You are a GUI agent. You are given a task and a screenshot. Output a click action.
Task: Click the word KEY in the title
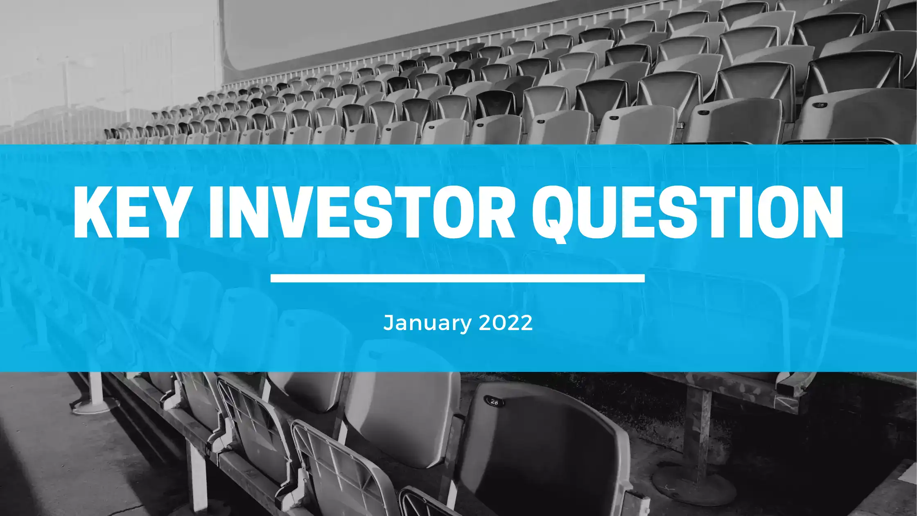pos(129,212)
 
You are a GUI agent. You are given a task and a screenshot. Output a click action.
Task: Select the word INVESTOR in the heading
pos(361,212)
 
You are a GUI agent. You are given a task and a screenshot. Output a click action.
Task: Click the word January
pos(427,323)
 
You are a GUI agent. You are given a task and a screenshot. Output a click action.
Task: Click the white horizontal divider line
pos(458,278)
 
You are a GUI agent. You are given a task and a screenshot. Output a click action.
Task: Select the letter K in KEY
pos(94,212)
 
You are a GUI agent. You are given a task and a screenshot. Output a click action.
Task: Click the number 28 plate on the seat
pos(494,401)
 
